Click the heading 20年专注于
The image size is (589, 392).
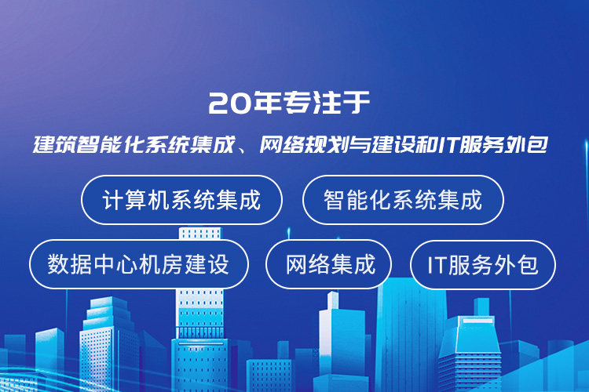click(x=289, y=102)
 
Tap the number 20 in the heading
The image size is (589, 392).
click(x=229, y=103)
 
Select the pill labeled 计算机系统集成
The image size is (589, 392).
click(x=182, y=200)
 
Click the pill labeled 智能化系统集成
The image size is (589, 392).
click(x=403, y=200)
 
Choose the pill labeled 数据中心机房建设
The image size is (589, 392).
click(x=138, y=264)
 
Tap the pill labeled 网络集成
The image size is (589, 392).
click(x=329, y=264)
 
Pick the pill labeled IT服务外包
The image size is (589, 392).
click(x=483, y=265)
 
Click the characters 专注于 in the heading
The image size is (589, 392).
click(x=326, y=102)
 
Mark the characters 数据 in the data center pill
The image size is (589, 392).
click(x=69, y=264)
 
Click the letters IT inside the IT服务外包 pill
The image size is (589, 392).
click(x=437, y=265)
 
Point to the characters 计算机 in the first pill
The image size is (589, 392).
click(x=136, y=200)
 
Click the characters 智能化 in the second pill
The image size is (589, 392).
click(x=357, y=200)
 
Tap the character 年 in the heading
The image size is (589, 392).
click(x=265, y=102)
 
